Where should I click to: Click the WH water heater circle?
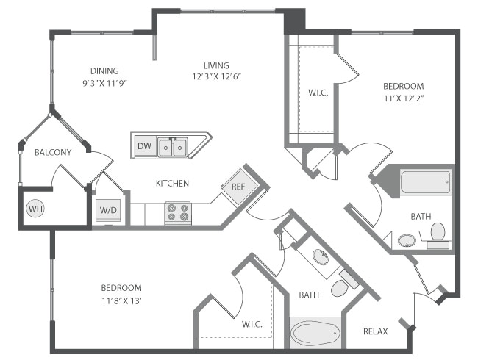[35, 209]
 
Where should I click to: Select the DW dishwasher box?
[144, 147]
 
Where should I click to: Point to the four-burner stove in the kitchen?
[178, 212]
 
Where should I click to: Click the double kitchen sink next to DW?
[172, 148]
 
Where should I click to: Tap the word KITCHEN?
[172, 183]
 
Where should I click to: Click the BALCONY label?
[53, 152]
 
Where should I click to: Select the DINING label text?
[101, 71]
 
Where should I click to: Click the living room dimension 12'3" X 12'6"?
[217, 76]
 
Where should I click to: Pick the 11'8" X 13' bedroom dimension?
[122, 300]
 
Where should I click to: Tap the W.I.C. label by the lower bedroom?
[252, 323]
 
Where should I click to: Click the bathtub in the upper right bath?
[425, 181]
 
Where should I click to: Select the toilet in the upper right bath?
[438, 232]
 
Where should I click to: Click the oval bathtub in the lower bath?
[315, 334]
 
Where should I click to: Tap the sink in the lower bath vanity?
[321, 257]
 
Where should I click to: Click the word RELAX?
[375, 331]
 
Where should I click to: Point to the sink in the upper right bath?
[405, 240]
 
